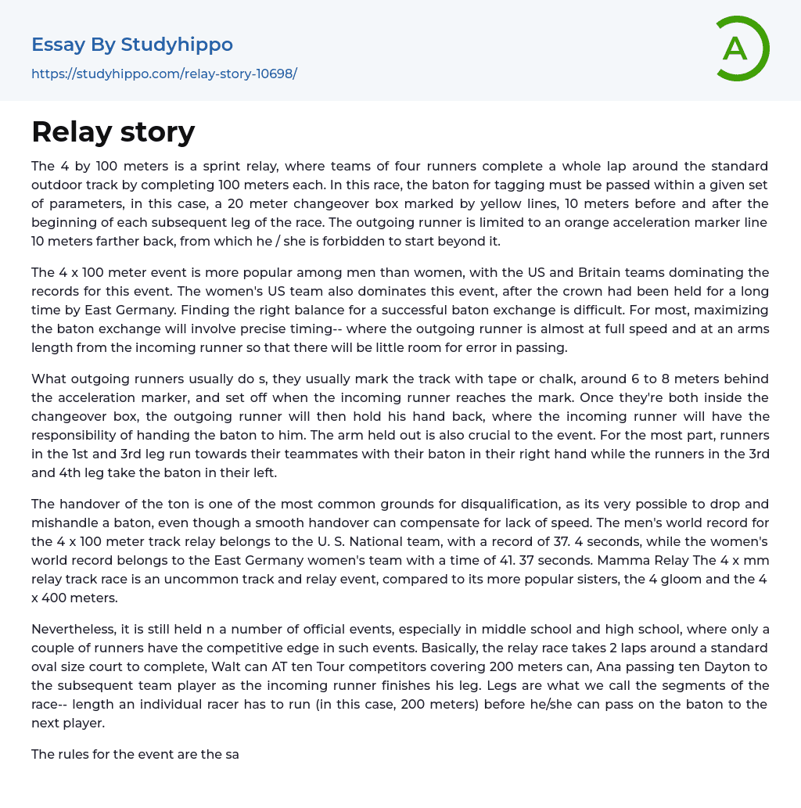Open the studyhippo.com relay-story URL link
coord(164,74)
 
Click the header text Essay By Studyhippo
coord(132,45)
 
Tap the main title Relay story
coord(113,131)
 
